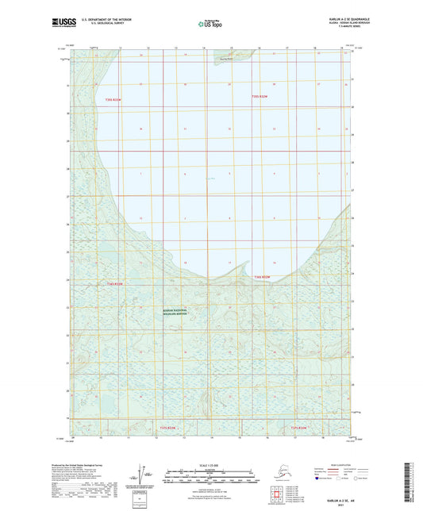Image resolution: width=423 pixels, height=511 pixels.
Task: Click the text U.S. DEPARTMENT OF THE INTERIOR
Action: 102,17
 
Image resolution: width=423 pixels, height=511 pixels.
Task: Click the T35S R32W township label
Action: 262,96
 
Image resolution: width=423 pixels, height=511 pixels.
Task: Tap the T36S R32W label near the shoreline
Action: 263,275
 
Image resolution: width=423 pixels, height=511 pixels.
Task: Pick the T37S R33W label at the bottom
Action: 170,427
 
